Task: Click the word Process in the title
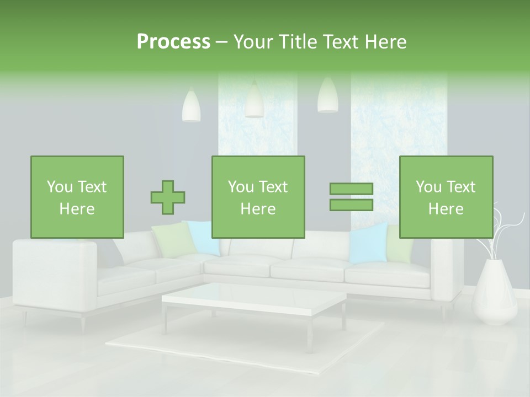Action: click(x=173, y=42)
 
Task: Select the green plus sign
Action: click(x=168, y=197)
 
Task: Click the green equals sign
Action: click(x=351, y=197)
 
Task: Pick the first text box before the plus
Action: click(x=77, y=197)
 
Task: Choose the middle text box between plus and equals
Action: click(x=258, y=197)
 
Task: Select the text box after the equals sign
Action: click(x=446, y=197)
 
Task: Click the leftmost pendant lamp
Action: click(x=191, y=106)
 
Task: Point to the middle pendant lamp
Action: click(x=254, y=100)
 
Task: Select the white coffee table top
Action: click(x=253, y=298)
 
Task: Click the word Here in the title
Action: click(x=385, y=42)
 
